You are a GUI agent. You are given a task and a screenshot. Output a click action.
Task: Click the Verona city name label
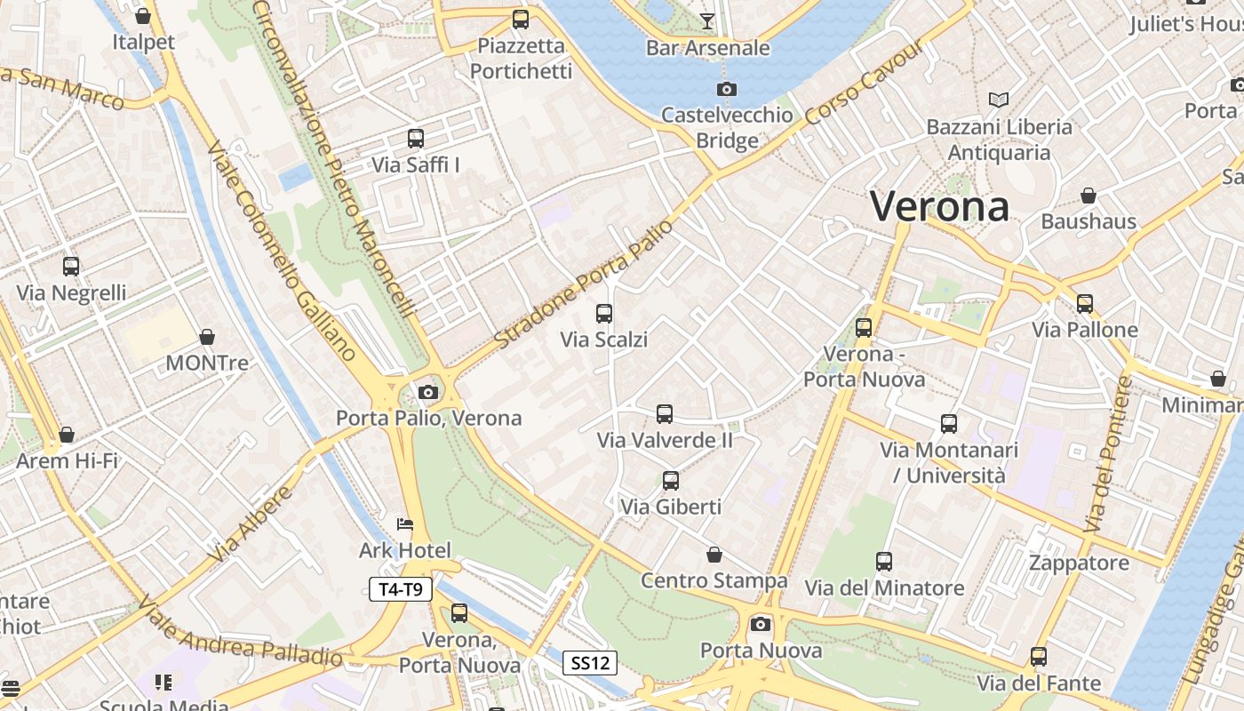pos(939,207)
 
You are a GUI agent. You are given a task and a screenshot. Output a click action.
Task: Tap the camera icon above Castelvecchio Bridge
pos(726,89)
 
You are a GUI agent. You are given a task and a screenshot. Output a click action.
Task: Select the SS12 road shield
pos(590,662)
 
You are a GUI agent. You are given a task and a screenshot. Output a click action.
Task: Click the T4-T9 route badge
pos(401,588)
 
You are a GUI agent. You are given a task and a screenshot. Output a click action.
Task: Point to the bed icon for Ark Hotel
pos(405,523)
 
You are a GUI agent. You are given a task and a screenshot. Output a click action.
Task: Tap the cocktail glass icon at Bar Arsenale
pos(707,20)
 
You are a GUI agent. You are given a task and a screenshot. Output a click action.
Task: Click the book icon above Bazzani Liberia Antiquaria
pos(999,100)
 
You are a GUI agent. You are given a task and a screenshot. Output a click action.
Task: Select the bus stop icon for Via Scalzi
pos(604,313)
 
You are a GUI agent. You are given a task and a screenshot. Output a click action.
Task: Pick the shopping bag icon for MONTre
pos(207,337)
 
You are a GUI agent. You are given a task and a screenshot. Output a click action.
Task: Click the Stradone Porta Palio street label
pos(583,284)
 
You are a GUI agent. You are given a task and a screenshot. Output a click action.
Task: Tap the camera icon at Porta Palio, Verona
pos(428,392)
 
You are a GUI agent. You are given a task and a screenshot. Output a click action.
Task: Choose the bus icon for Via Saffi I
pos(416,139)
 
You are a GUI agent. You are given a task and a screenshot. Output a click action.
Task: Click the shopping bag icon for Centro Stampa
pos(714,555)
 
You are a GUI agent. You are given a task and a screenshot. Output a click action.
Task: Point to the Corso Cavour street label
pos(864,84)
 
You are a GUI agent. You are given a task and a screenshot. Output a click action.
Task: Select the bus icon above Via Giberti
pos(671,481)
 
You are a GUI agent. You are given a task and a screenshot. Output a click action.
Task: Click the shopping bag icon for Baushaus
pos(1088,195)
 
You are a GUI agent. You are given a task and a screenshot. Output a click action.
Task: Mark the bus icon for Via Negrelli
pos(71,266)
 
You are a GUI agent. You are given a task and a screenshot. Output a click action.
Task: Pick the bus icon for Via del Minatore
pos(884,562)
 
